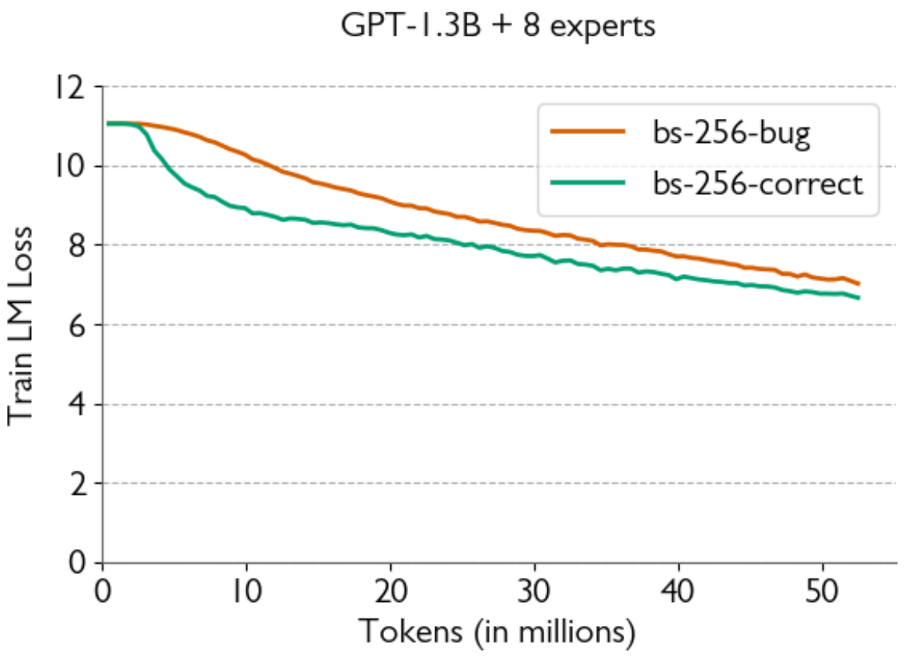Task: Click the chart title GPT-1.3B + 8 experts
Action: (x=498, y=26)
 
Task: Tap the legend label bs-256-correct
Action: (x=757, y=184)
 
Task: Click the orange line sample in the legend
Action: (x=587, y=132)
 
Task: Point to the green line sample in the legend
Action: (x=587, y=183)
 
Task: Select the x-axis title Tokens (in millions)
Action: (x=497, y=632)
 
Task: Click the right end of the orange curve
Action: (x=859, y=284)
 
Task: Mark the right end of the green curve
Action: (x=859, y=298)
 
